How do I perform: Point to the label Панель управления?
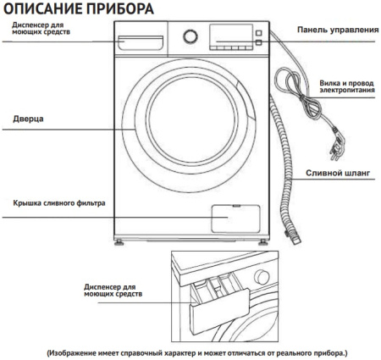pyautogui.click(x=336, y=30)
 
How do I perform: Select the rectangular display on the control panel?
pyautogui.click(x=225, y=36)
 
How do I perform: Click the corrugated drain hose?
pyautogui.click(x=289, y=186)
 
